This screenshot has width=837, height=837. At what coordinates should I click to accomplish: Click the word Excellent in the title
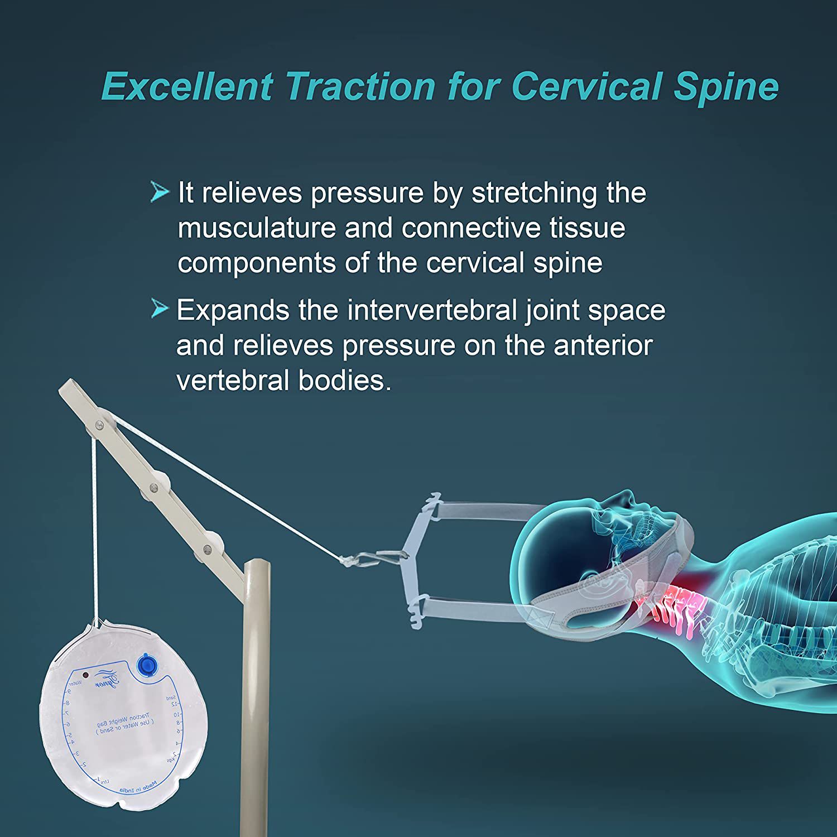pyautogui.click(x=187, y=86)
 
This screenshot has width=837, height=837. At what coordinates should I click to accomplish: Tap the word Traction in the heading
pyautogui.click(x=360, y=86)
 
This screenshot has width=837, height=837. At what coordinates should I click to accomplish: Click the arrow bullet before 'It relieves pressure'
pyautogui.click(x=160, y=193)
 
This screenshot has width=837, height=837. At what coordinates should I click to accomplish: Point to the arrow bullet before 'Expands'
pyautogui.click(x=160, y=309)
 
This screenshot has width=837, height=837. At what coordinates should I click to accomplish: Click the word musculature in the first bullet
pyautogui.click(x=257, y=228)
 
